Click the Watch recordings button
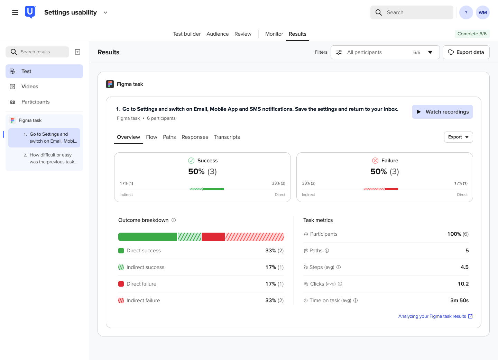(x=442, y=112)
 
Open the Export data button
(x=466, y=52)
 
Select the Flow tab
(x=151, y=137)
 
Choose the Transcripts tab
(x=227, y=137)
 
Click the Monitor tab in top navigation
(x=274, y=34)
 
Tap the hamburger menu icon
(x=15, y=12)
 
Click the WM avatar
(x=482, y=12)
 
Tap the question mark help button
(x=466, y=12)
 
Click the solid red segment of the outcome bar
(x=213, y=237)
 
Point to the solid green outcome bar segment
(x=148, y=237)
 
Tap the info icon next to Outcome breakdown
(x=174, y=220)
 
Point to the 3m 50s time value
(x=459, y=300)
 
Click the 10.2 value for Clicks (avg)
(x=463, y=284)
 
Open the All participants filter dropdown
(x=385, y=52)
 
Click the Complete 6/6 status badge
(x=472, y=34)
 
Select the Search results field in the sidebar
(x=37, y=52)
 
